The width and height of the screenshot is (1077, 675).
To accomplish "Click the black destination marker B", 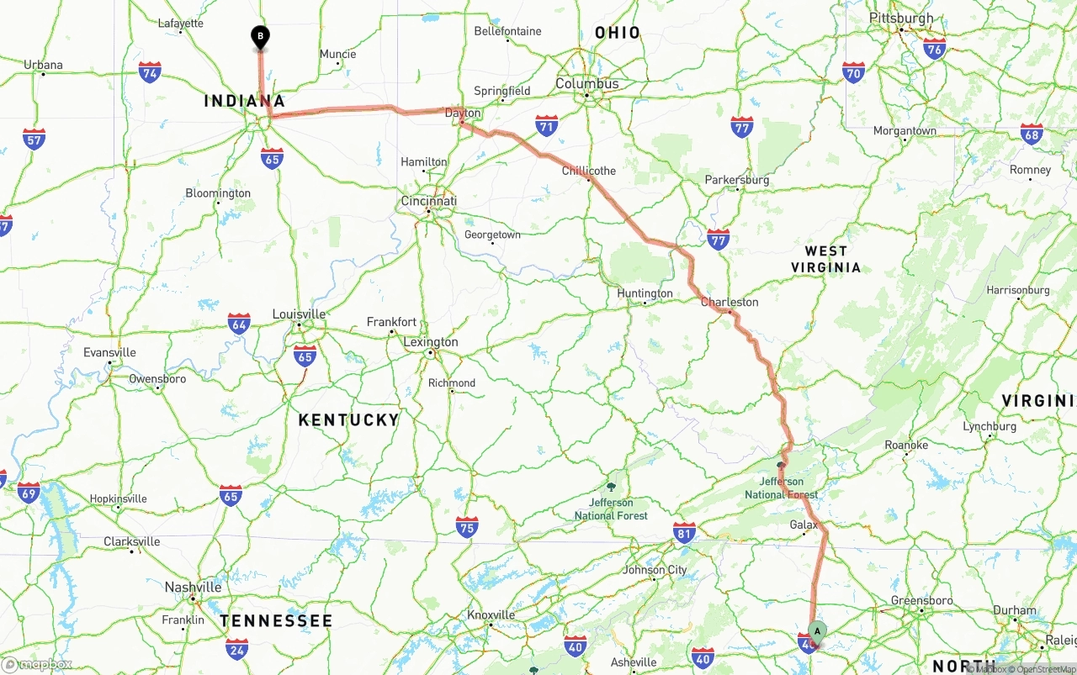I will (x=261, y=37).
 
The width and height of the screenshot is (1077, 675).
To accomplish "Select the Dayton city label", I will (x=463, y=113).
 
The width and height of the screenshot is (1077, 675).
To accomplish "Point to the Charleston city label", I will (x=729, y=302).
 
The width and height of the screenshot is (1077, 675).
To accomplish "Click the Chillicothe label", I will (x=589, y=171).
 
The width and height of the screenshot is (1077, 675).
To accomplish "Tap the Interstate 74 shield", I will (x=150, y=72).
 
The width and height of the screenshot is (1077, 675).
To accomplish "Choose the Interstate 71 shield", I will (x=547, y=126).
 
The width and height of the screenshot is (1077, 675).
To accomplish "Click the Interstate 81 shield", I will (x=685, y=532).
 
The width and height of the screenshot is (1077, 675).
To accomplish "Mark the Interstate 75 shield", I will (x=467, y=527).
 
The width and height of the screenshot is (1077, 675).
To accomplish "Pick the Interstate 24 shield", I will (x=237, y=648).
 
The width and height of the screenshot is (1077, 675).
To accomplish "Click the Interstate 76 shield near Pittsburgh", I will (x=934, y=48).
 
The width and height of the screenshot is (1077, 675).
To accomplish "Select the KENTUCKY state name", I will (x=348, y=419).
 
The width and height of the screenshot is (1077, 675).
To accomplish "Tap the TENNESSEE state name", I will (x=276, y=620).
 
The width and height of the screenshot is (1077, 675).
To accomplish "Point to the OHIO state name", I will (x=618, y=33).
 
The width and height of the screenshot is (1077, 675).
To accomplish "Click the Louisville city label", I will (x=299, y=314).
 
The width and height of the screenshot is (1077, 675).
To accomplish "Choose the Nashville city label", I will (x=194, y=587).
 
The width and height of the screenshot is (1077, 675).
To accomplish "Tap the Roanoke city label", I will (x=906, y=445).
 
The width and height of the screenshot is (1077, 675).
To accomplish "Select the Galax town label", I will (x=804, y=525).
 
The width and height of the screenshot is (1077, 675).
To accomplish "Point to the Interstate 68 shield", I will (x=1032, y=134).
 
